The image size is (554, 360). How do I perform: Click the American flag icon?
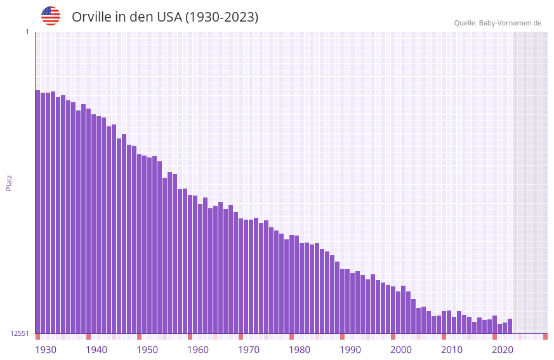[51, 16]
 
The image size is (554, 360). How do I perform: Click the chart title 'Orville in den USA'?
[165, 17]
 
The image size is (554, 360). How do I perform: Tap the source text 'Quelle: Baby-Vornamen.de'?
[498, 23]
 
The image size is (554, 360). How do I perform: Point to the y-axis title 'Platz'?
[9, 182]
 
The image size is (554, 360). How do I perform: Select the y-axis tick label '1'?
[27, 32]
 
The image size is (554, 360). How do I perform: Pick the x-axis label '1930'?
[46, 350]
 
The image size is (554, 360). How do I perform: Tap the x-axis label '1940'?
[96, 350]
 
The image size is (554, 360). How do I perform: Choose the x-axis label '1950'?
[147, 350]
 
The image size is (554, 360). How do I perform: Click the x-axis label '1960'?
[198, 350]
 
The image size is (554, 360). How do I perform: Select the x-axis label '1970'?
[249, 350]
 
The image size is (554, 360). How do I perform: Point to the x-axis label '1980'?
[300, 350]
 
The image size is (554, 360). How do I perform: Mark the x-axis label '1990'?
[350, 350]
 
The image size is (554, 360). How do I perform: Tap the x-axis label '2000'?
[401, 350]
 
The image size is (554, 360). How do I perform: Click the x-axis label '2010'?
[452, 350]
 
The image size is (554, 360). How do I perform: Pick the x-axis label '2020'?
[503, 350]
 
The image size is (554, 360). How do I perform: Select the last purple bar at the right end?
[510, 326]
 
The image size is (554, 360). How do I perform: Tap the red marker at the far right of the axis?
[545, 337]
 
